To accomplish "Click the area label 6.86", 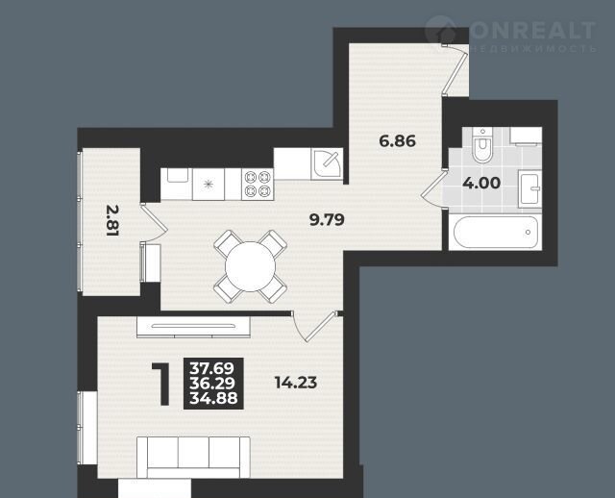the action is pos(397,141).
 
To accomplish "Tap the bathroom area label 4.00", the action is pos(481,183).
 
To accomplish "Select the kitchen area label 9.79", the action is pos(327,220).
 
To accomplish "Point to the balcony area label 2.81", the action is pos(112,221).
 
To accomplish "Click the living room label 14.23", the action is pos(296,383).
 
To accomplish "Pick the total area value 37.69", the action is pos(212,368).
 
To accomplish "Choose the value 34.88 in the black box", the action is pos(213,398).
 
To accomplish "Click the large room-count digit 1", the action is pos(161,385).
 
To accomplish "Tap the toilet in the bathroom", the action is pos(482,145).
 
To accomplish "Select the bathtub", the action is pos(495,233).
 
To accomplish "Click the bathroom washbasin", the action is pos(529,188).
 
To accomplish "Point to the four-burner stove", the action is pos(258,185).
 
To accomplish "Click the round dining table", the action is pos(250,266).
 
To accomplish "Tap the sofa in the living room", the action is pos(193,457).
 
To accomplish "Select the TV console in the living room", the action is pos(193,327).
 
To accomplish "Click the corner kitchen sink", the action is pos(327,164).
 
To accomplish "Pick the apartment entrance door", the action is pos(455,68).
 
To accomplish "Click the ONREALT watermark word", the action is pos(532,30).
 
